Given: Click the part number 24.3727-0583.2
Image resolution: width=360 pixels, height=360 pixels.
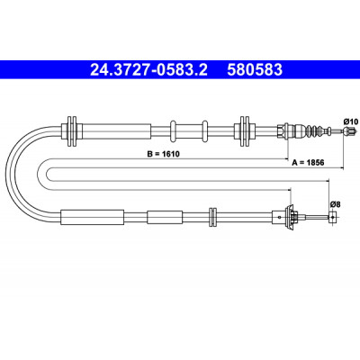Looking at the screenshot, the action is [148, 70].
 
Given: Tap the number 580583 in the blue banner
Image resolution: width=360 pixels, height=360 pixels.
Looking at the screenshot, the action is [255, 70].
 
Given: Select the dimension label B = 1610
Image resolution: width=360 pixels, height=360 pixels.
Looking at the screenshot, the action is [163, 154].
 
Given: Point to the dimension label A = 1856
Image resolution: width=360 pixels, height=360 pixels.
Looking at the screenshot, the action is [308, 163].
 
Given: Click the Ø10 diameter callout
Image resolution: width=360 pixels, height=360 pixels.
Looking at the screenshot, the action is [351, 121].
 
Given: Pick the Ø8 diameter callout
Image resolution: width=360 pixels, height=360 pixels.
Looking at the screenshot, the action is [335, 204].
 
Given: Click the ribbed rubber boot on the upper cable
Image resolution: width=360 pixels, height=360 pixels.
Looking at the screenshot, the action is [316, 130].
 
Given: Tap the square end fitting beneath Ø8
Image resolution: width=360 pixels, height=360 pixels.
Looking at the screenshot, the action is [332, 217].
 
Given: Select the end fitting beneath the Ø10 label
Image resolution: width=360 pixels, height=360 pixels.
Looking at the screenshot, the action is [350, 130].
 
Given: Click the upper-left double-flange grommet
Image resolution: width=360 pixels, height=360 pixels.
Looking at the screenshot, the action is [72, 130].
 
